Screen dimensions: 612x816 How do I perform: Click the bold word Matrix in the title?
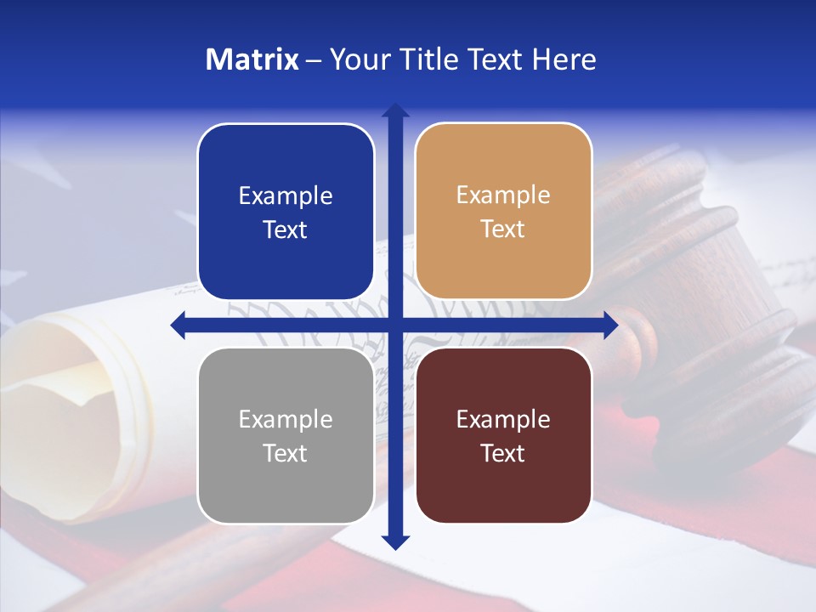252,59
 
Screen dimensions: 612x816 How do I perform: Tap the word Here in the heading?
564,59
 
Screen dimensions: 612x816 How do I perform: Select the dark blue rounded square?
286,212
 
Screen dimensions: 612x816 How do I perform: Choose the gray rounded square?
286,435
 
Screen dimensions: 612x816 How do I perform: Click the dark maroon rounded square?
503,435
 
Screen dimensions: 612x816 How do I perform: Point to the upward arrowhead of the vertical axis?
395,110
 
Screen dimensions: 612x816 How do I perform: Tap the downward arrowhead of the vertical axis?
395,541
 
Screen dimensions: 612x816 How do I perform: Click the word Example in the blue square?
286,196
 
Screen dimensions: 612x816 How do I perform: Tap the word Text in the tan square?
503,229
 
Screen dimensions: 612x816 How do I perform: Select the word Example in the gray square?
286,420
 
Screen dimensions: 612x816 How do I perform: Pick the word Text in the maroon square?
503,453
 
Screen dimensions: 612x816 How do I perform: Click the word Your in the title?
357,59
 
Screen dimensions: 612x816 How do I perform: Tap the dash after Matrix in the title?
314,60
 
